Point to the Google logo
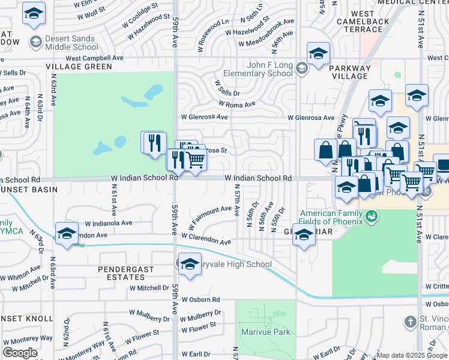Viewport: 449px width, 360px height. click(20, 352)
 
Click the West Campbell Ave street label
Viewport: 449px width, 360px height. click(94, 58)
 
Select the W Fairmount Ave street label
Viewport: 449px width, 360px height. click(210, 217)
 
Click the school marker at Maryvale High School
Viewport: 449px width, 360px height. click(189, 265)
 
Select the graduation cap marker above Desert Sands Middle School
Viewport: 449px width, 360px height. click(34, 13)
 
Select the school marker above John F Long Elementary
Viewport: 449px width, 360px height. click(318, 54)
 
